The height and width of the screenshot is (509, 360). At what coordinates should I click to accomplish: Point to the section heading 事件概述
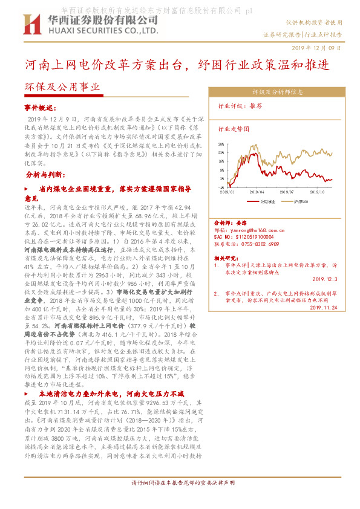[x=39, y=107]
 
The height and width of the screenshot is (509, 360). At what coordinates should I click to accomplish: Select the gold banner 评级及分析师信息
[x=277, y=92]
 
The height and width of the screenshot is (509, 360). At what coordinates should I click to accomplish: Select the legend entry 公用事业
[x=266, y=200]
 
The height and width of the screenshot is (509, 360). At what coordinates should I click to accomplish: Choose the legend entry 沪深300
[x=301, y=200]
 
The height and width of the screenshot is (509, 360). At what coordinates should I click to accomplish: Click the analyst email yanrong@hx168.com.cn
[x=251, y=230]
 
